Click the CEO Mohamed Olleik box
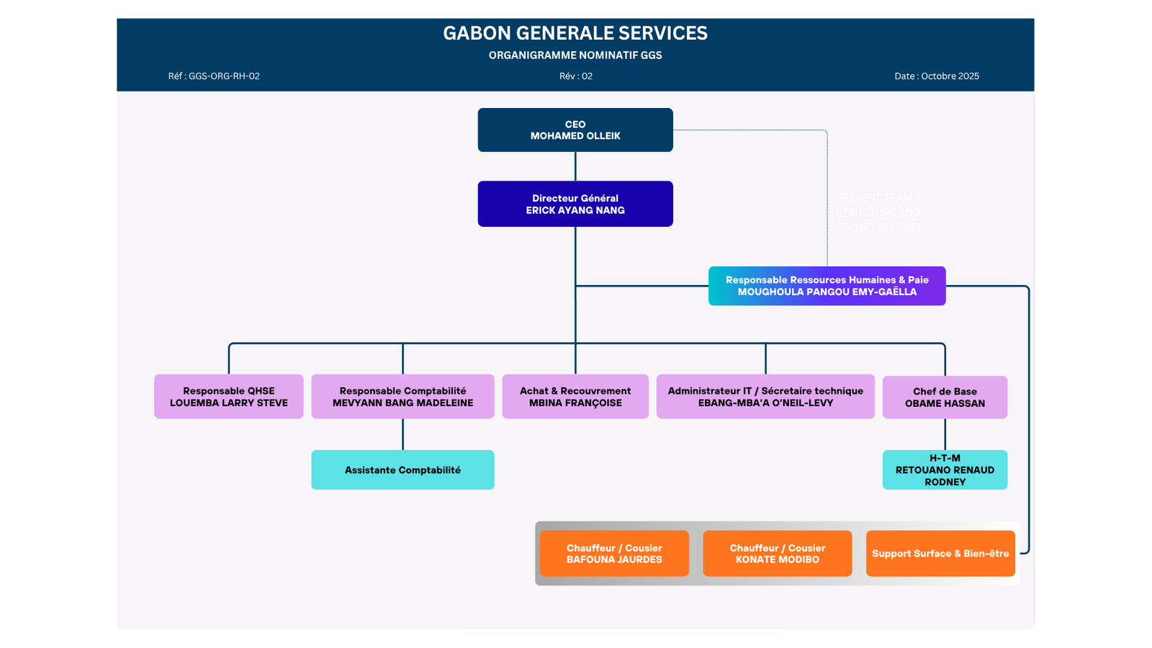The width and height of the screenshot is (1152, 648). coord(575,130)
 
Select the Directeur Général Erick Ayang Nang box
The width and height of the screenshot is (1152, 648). coord(575,204)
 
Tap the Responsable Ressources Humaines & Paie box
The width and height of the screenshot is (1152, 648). coord(827,286)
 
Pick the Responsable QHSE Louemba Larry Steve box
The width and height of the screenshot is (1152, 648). coord(229,397)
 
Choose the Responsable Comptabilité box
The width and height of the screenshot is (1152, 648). coord(402,397)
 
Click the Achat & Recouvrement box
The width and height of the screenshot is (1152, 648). coord(575,397)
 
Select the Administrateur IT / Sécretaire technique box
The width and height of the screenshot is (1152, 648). coord(765,397)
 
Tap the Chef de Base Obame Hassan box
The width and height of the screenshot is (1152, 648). coord(945,397)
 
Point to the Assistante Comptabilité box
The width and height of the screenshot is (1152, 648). coord(402,470)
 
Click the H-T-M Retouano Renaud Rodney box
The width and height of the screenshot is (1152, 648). coord(945,470)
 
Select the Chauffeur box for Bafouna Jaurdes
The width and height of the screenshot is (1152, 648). coord(614,554)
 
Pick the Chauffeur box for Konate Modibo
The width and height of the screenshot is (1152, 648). coord(778,554)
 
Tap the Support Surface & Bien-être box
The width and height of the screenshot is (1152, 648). coord(940,554)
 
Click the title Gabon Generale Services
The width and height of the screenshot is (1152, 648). coord(575,33)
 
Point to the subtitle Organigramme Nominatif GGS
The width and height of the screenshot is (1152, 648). coord(575,55)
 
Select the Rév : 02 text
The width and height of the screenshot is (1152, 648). coord(576,76)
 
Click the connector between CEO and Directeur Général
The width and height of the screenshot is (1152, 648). coord(575,166)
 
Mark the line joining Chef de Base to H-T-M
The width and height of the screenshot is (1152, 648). coord(945,434)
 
